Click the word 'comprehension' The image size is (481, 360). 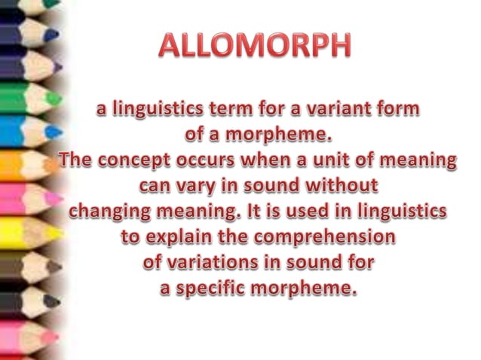(x=325, y=238)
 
